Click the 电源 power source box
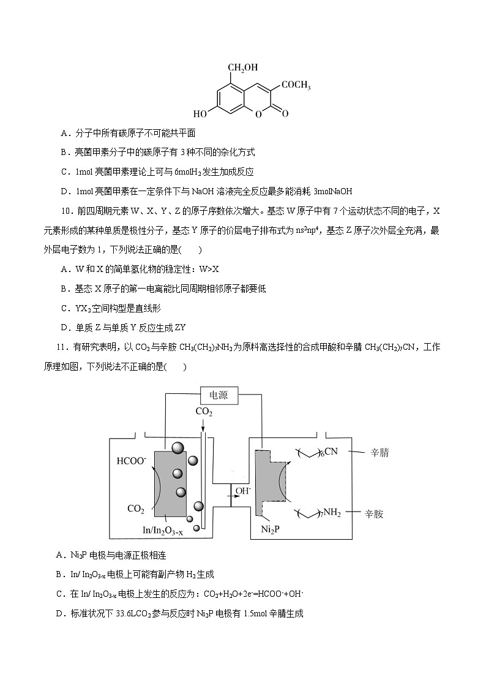[x=219, y=395]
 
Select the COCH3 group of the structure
[x=296, y=86]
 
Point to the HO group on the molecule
[x=200, y=114]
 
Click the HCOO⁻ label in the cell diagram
[x=131, y=459]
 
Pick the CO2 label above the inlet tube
[x=204, y=412]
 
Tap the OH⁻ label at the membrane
[x=243, y=491]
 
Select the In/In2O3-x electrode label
[x=162, y=532]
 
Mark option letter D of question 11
[x=59, y=613]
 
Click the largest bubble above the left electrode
[x=178, y=448]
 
